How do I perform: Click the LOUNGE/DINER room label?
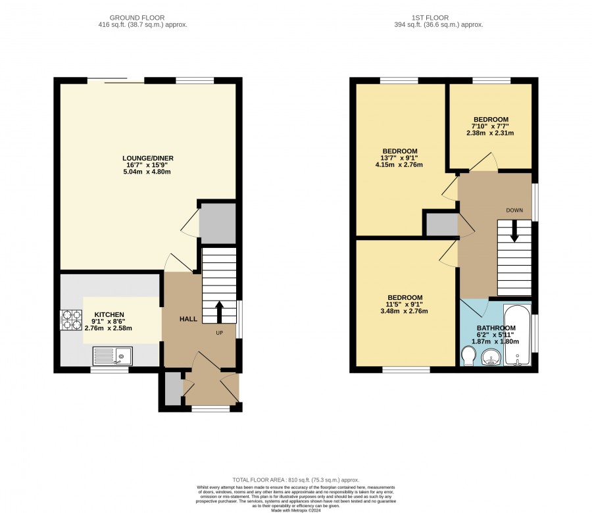click(x=147, y=158)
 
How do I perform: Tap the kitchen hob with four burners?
click(x=71, y=320)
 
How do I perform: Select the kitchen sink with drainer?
click(x=112, y=356)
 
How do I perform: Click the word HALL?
click(x=188, y=319)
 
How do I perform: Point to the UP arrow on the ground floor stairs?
click(x=219, y=312)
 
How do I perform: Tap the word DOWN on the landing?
click(x=514, y=210)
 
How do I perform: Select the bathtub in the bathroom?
click(x=517, y=335)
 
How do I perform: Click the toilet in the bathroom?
click(x=468, y=356)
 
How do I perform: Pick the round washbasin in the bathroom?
click(x=491, y=357)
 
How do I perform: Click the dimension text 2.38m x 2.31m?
click(x=490, y=133)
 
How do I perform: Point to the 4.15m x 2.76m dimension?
click(x=399, y=164)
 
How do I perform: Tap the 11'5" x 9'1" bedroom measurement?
click(x=404, y=305)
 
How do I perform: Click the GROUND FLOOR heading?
click(x=137, y=18)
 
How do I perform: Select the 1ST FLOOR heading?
click(x=430, y=18)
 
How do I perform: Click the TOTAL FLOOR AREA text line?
click(x=295, y=480)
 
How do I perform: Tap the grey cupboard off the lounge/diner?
click(x=218, y=224)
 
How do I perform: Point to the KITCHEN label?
click(x=109, y=314)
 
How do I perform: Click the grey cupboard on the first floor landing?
click(x=442, y=224)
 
